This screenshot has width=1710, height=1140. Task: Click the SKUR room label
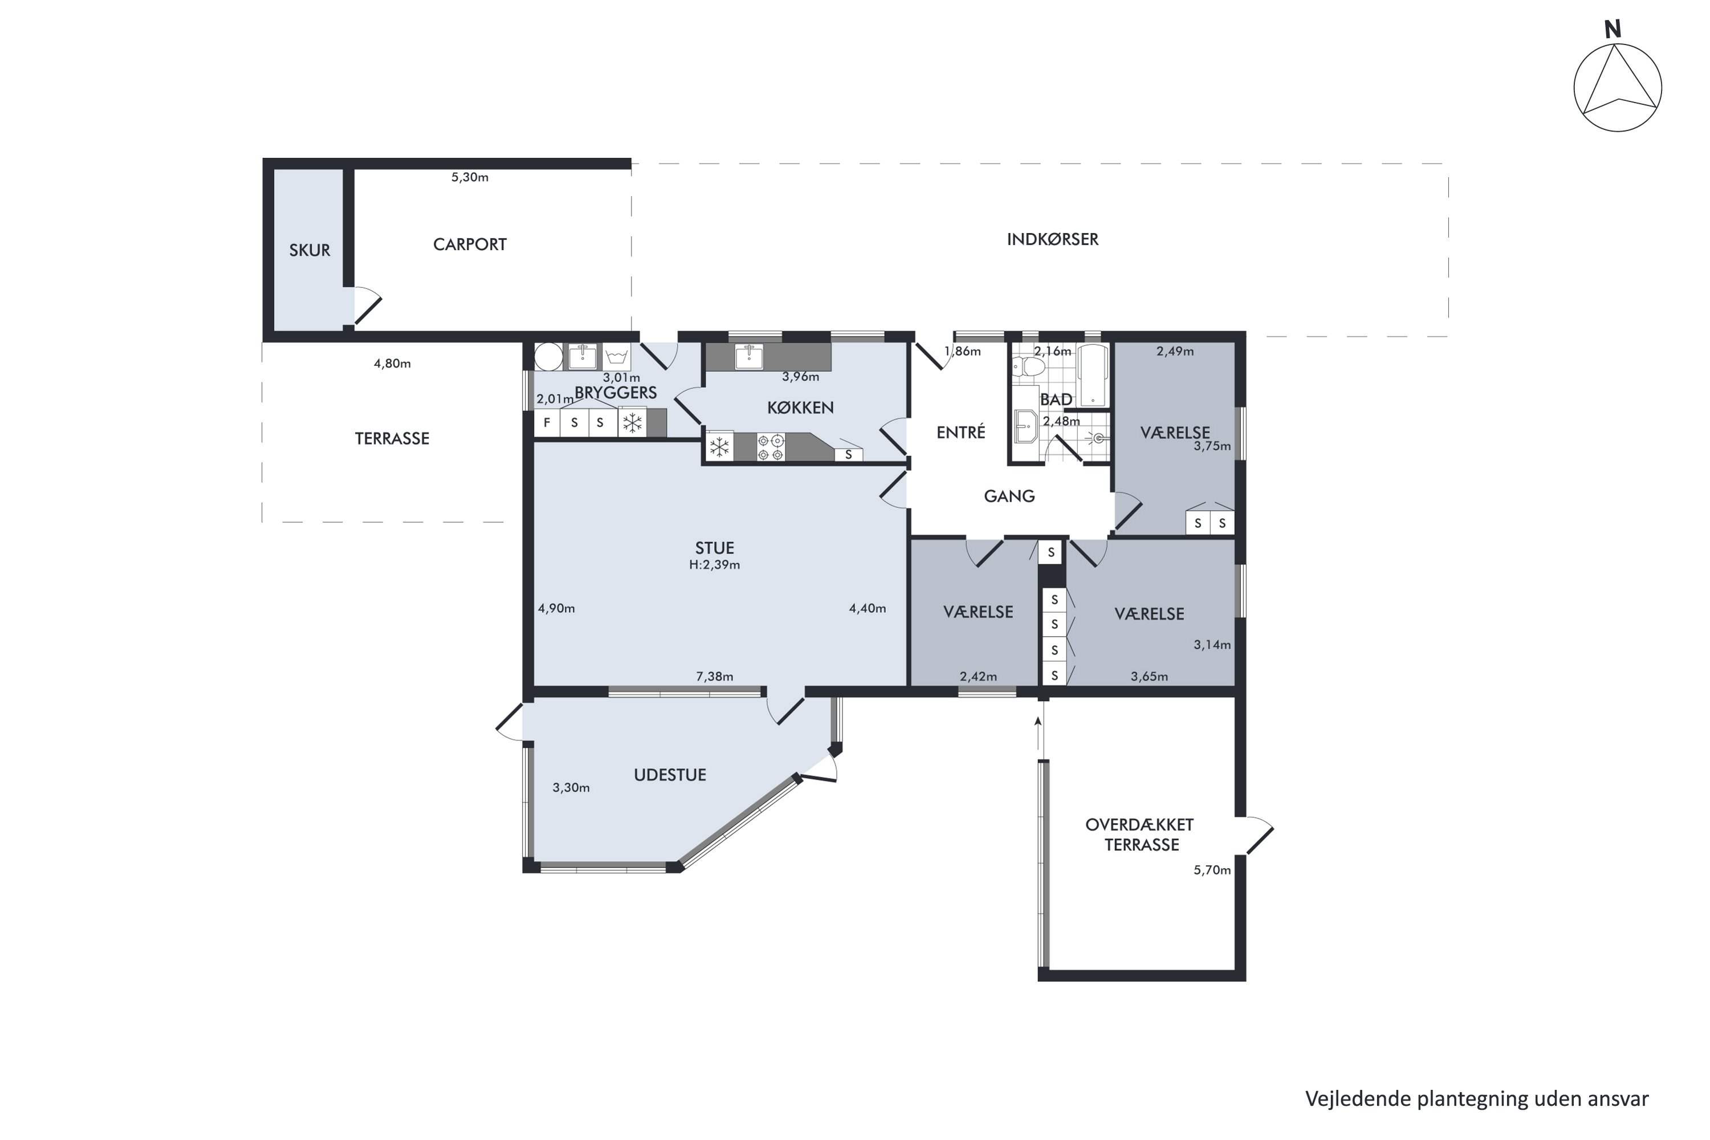309,250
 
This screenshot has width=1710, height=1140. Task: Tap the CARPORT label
470,245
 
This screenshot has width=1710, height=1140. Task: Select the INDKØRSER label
1052,239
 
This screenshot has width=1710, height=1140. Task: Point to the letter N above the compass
1613,29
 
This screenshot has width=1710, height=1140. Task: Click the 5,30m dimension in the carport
470,177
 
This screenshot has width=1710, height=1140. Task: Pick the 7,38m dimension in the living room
715,676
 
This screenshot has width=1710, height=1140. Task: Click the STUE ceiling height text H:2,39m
715,565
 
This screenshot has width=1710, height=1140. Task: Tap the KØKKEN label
800,408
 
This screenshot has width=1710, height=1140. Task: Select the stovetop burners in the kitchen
771,447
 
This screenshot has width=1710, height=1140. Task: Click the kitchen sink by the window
749,357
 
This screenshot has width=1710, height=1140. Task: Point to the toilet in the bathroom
1028,367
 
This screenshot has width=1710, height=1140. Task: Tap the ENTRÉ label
960,433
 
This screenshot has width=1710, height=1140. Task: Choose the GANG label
1009,496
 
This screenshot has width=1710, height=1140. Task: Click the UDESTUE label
670,775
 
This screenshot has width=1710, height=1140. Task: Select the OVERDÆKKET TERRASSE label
1141,834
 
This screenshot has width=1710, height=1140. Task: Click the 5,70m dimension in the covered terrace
1212,870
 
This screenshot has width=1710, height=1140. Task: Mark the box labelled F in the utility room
547,422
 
